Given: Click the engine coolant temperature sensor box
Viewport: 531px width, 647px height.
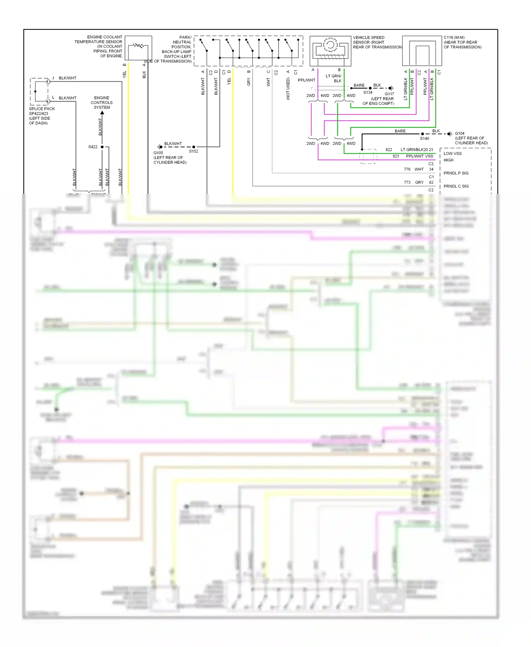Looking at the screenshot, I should [138, 48].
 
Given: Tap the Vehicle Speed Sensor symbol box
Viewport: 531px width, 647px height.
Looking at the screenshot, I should [330, 51].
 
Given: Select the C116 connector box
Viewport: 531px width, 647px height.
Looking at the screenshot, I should [422, 51].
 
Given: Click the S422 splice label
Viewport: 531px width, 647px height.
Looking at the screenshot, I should [93, 147].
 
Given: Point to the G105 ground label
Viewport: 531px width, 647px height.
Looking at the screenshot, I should [158, 153].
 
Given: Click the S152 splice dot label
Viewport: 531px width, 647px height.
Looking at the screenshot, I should [194, 151].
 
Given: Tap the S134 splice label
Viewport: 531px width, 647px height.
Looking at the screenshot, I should [368, 92].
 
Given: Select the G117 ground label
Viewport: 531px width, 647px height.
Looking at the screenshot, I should [389, 94].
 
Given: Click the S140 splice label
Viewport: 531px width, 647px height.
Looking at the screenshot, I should [424, 139].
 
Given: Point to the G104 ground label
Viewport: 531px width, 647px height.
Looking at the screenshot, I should [459, 134].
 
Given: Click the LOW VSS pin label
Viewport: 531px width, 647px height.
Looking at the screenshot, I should [452, 154].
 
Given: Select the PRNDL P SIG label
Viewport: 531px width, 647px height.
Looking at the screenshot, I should [456, 173].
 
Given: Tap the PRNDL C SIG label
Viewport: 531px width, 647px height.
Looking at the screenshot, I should [456, 186].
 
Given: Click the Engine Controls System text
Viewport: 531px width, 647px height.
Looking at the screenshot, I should [102, 103].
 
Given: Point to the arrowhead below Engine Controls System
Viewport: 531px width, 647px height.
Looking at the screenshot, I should [102, 113].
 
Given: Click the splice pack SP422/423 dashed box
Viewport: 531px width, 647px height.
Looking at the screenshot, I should [39, 91].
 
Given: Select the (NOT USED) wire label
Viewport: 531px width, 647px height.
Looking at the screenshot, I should [288, 88].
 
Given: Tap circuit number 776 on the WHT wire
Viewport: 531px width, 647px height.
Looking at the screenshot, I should [407, 170].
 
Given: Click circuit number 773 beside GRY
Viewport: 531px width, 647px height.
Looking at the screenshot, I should [407, 183].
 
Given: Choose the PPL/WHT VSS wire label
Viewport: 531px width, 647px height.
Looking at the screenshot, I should [419, 156].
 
